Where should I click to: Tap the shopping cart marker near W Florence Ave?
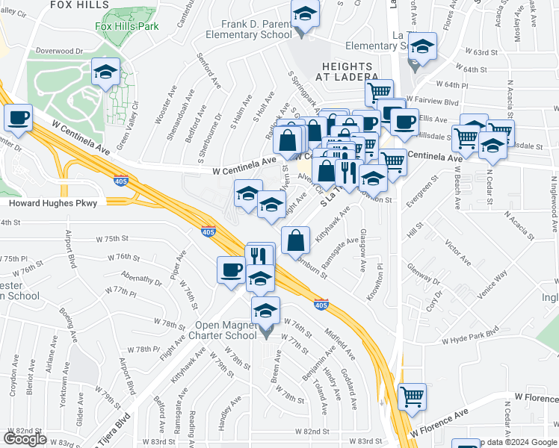click(x=412, y=396)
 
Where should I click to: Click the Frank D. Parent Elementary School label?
click(x=256, y=29)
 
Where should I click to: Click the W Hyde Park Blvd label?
click(x=469, y=337)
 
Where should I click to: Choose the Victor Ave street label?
click(x=458, y=252)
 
